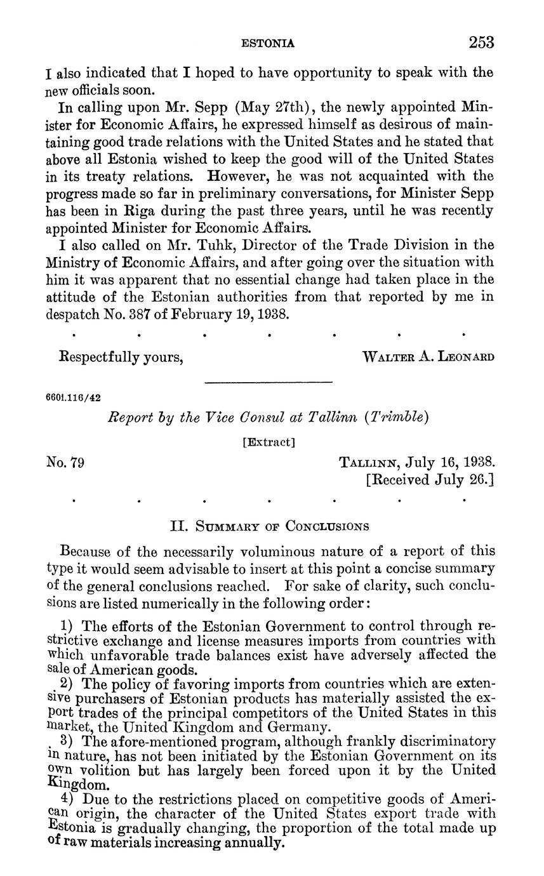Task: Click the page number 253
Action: coord(481,43)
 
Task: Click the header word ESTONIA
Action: coord(269,43)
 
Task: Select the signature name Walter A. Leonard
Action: coord(428,357)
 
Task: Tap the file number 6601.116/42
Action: coord(74,398)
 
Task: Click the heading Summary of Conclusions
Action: coord(270,526)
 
